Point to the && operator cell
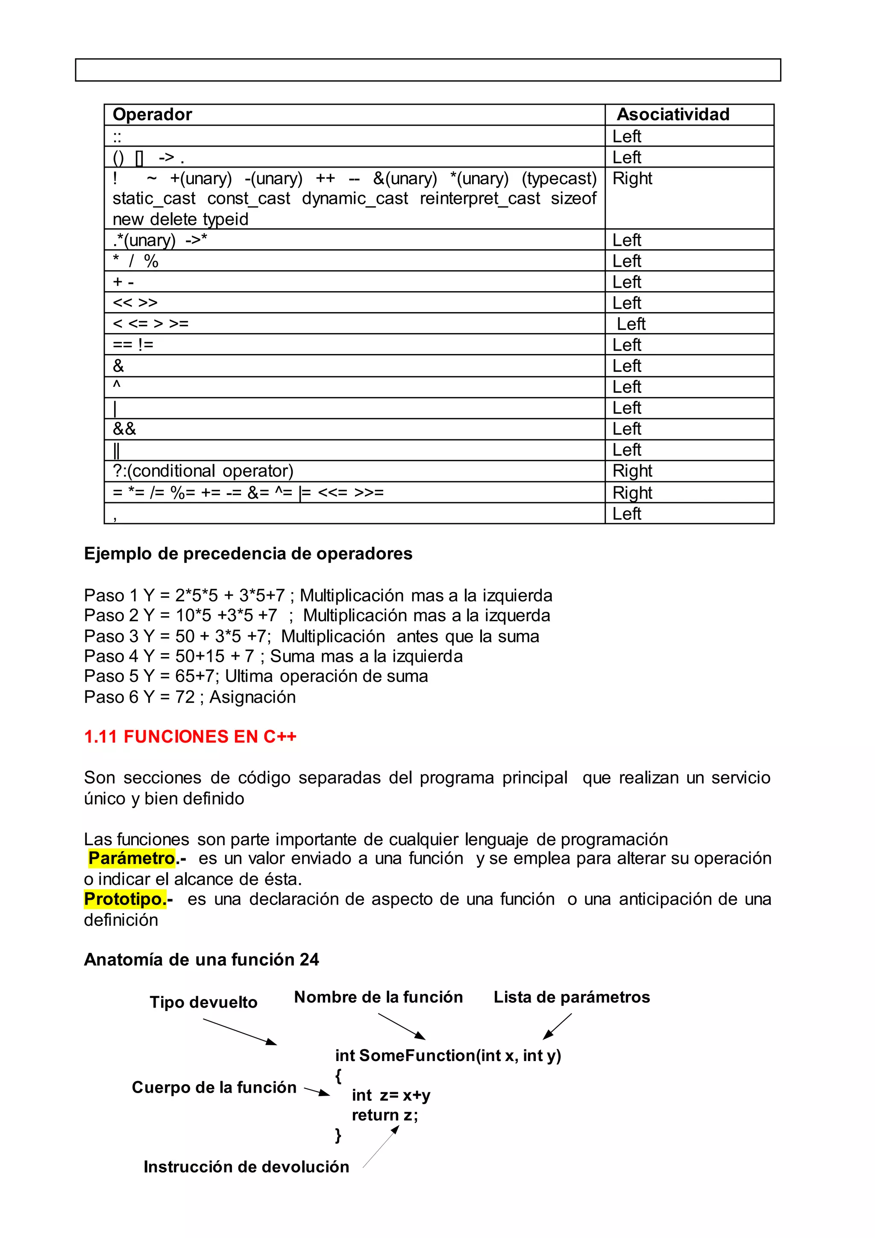tap(124, 429)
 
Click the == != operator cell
tap(133, 345)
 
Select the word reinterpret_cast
tap(479, 198)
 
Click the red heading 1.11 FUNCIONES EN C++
tap(190, 737)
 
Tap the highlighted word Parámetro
tap(132, 858)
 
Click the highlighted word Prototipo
tap(124, 899)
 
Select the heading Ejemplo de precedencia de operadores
tap(248, 554)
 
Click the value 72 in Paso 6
tap(185, 697)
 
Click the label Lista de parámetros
tap(571, 997)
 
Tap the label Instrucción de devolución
tap(246, 1167)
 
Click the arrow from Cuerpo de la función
tap(317, 1091)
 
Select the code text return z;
tap(385, 1115)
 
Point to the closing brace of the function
tap(338, 1135)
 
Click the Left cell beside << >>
tap(627, 303)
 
